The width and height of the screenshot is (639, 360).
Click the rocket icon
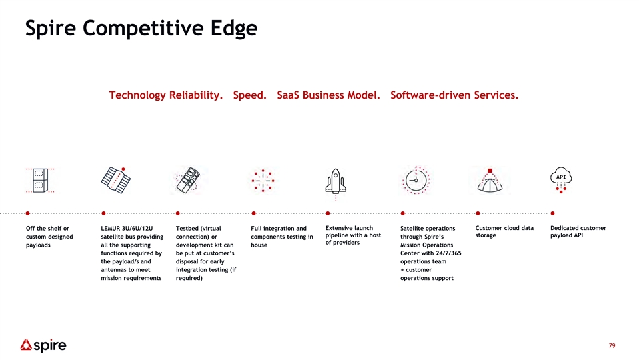pyautogui.click(x=336, y=182)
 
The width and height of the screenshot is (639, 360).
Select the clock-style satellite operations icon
pyautogui.click(x=416, y=180)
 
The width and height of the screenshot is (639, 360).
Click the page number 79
pyautogui.click(x=612, y=346)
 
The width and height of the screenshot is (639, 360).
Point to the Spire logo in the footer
pyautogui.click(x=43, y=345)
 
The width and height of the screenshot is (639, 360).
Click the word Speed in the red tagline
pyautogui.click(x=249, y=95)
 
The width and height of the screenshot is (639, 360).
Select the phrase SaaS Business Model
pyautogui.click(x=328, y=95)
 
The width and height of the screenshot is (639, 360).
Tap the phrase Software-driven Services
pyautogui.click(x=454, y=95)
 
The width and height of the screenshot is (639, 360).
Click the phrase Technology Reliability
pyautogui.click(x=165, y=95)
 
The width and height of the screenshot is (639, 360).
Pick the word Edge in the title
pyautogui.click(x=234, y=29)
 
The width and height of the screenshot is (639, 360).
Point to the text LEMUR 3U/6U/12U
pyautogui.click(x=127, y=228)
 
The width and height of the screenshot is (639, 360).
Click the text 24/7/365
pyautogui.click(x=448, y=253)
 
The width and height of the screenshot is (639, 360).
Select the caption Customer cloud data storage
pyautogui.click(x=504, y=231)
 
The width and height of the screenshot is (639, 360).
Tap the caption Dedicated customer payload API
pyautogui.click(x=578, y=231)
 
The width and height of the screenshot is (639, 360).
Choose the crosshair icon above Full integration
pyautogui.click(x=263, y=180)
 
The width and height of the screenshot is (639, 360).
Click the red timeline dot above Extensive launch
pyautogui.click(x=328, y=213)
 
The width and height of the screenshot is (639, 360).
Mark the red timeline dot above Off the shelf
pyautogui.click(x=28, y=213)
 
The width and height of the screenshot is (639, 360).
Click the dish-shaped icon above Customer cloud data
pyautogui.click(x=490, y=180)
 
